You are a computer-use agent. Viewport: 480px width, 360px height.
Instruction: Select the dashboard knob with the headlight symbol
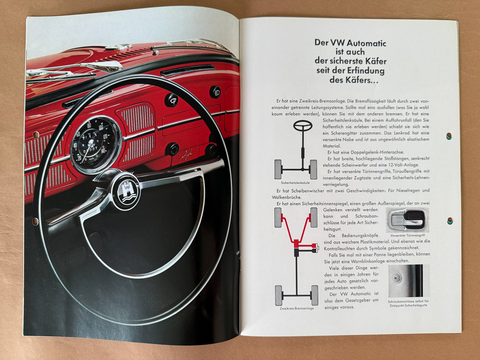point(215,91)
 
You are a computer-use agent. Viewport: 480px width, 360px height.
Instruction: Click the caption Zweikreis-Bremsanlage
point(297,308)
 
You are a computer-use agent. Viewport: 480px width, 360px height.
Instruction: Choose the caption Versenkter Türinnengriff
point(408,236)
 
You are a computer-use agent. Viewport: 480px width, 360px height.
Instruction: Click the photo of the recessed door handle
point(408,220)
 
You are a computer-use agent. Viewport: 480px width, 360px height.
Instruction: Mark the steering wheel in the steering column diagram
point(303,126)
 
